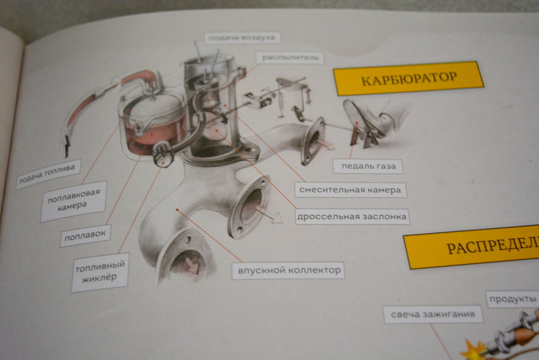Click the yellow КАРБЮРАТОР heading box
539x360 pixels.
(408, 78)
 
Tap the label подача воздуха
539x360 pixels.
(242, 38)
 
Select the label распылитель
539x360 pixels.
(289, 57)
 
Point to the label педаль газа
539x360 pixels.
(367, 166)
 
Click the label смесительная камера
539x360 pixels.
(350, 190)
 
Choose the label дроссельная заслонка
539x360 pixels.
(351, 216)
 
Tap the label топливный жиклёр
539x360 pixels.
(100, 272)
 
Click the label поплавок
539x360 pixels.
(85, 236)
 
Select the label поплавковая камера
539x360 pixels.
(73, 200)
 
